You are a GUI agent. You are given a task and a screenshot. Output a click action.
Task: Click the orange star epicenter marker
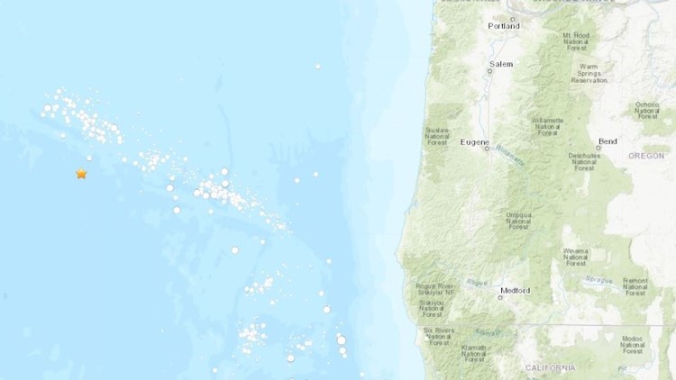click(x=81, y=174)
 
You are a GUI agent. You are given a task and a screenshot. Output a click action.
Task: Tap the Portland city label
click(x=504, y=26)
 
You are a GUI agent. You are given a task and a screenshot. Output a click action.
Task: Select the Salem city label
click(x=500, y=64)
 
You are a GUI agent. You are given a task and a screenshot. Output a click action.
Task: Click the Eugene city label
click(x=474, y=141)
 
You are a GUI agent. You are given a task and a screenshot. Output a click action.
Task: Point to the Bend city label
click(x=607, y=141)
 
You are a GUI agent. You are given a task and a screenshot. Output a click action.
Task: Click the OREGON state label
click(x=645, y=155)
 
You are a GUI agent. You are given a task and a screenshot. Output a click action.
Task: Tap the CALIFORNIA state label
click(x=549, y=367)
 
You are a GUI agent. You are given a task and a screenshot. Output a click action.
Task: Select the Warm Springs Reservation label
click(x=589, y=73)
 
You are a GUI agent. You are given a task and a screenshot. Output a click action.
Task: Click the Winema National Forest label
click(x=575, y=257)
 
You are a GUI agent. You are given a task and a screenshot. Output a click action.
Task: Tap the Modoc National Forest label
click(x=633, y=344)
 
